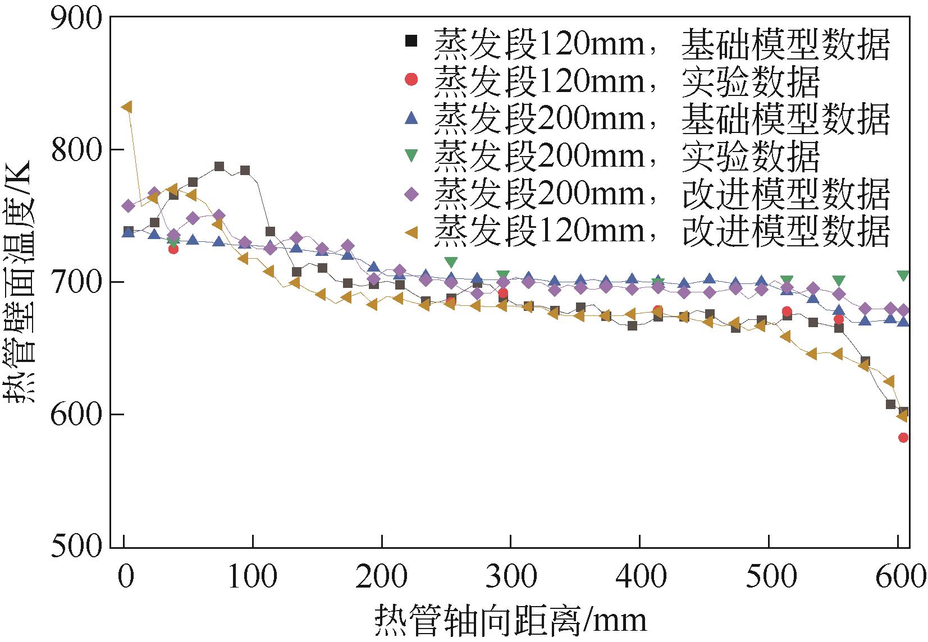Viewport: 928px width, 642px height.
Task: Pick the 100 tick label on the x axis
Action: click(253, 577)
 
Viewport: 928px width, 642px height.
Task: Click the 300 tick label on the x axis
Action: click(511, 577)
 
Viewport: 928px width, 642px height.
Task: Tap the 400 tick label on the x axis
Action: click(640, 577)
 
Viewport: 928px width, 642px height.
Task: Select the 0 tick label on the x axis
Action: click(125, 577)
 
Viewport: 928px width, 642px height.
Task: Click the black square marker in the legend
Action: click(412, 41)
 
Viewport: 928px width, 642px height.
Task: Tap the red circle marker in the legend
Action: click(412, 80)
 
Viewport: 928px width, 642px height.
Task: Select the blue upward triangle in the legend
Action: click(412, 118)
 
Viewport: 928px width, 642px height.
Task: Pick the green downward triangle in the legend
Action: click(412, 155)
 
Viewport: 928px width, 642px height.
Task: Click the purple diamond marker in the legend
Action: click(412, 194)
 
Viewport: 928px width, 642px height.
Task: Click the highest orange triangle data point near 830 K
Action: click(127, 107)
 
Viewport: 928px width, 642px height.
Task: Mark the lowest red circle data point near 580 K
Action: click(903, 438)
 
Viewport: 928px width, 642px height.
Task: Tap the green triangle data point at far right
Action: click(903, 276)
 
